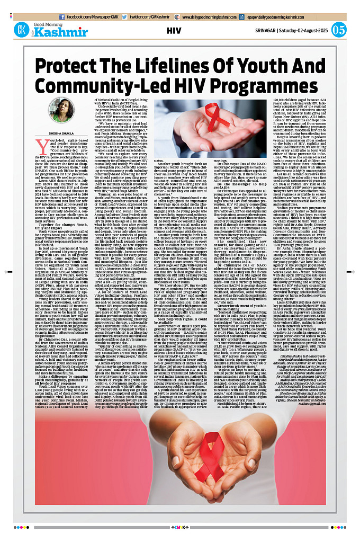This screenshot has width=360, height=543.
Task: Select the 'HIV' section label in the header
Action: pyautogui.click(x=174, y=30)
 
